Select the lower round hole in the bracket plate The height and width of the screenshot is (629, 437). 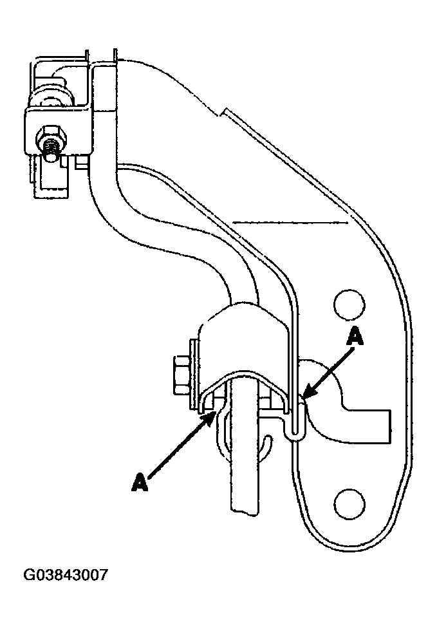348,500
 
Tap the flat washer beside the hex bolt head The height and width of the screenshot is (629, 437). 192,374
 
